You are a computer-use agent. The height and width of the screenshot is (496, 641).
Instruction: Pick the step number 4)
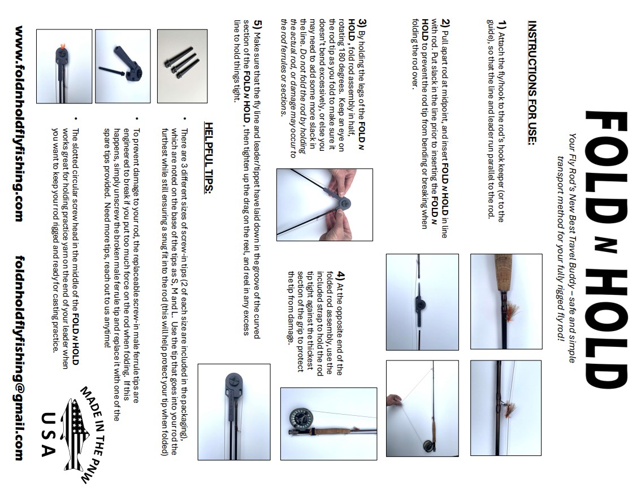[x=340, y=278]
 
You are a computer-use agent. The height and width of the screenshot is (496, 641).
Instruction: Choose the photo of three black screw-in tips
[x=182, y=66]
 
